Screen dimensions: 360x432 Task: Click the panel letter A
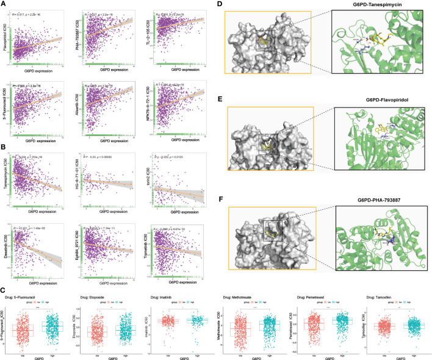click(x=4, y=4)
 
